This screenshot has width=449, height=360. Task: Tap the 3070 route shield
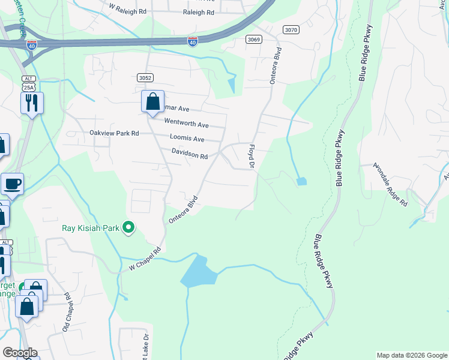click(x=291, y=29)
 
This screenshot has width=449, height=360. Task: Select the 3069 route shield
click(x=253, y=39)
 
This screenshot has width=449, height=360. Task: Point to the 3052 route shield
click(x=145, y=77)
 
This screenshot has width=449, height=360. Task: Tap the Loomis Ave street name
click(x=187, y=139)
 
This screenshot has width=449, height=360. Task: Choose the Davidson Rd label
click(x=189, y=154)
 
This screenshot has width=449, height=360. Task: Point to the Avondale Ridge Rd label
click(x=391, y=184)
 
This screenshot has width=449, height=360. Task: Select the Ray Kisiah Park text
click(x=90, y=228)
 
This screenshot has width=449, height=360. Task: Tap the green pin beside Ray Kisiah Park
click(x=128, y=227)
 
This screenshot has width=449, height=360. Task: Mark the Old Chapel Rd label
click(x=67, y=313)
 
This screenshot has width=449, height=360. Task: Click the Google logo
click(x=20, y=352)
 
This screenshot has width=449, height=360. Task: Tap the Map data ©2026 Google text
click(x=412, y=355)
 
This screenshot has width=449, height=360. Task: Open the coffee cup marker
click(x=12, y=184)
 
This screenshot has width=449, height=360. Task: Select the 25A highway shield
click(x=28, y=87)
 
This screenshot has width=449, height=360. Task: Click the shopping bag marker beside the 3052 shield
click(x=153, y=101)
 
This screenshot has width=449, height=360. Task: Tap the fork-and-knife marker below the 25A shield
click(x=32, y=103)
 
